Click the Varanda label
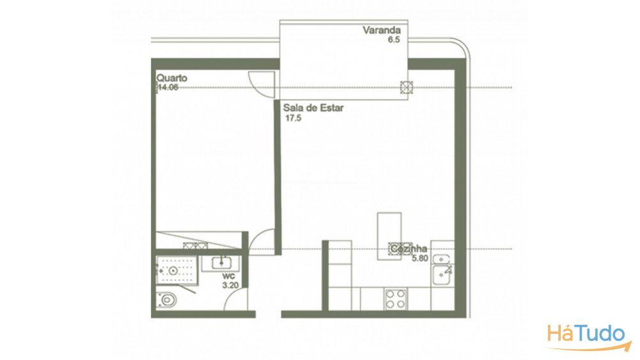pos(382,30)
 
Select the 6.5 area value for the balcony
pos(394,40)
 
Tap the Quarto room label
pos(172,78)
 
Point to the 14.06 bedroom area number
pos(168,88)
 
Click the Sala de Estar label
pos(313,108)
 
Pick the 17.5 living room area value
pos(293,118)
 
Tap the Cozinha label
pos(409,249)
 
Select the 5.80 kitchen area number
pos(419,258)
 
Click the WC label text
pos(229,276)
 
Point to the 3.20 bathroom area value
pos(230,285)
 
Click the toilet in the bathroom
pos(166,300)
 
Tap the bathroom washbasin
pos(222,263)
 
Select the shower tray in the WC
pos(176,270)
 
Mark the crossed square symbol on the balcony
pos(407,88)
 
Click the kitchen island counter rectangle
pos(389,236)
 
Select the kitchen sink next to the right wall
pos(441,275)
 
